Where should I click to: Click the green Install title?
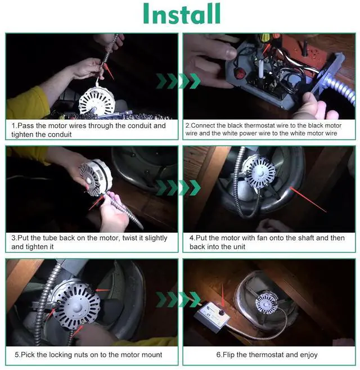(x=182, y=13)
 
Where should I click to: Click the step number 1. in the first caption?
(x=15, y=125)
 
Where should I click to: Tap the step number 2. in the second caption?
(x=188, y=125)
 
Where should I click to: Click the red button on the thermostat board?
(x=241, y=73)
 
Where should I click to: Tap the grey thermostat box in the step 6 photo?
(x=212, y=314)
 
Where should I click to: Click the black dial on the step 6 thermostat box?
(x=222, y=313)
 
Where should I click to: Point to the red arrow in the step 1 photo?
(x=109, y=71)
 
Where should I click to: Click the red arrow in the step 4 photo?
(x=308, y=200)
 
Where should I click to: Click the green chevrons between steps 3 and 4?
(x=178, y=188)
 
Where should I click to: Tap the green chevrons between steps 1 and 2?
(x=178, y=81)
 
